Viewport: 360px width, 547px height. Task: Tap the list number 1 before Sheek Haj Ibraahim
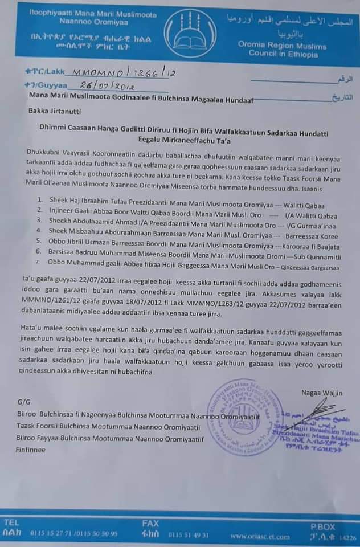pos(39,200)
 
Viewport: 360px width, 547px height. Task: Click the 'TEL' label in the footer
pos(12,522)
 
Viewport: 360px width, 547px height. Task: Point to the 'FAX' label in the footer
pos(151,522)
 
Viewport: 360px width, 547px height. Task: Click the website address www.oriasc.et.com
pos(253,536)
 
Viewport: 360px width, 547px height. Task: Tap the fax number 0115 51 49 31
pos(189,535)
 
